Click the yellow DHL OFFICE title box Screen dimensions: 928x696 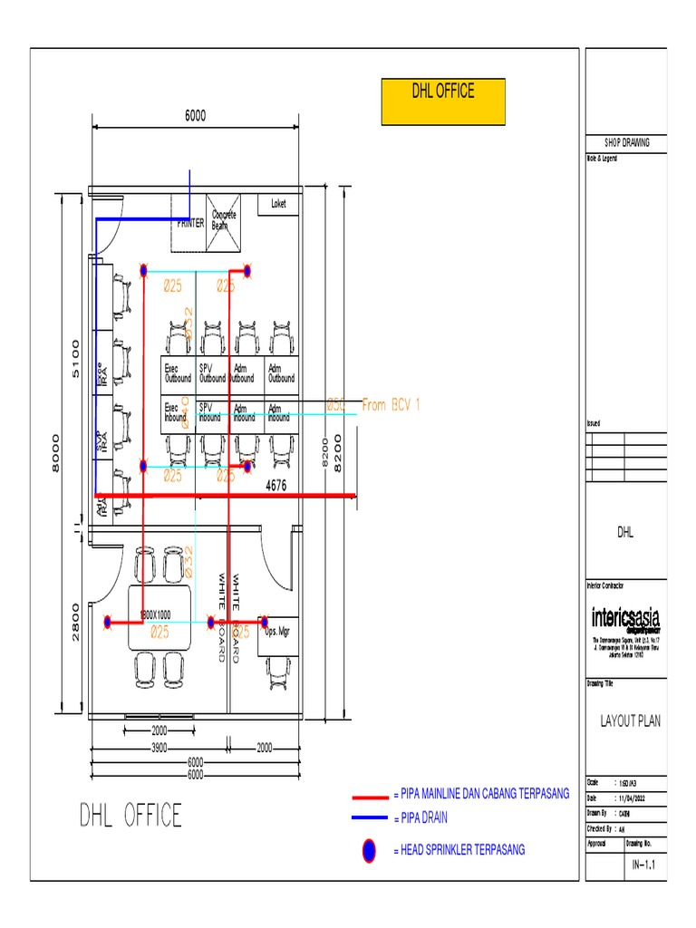[x=443, y=101]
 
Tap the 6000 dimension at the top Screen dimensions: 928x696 [x=196, y=115]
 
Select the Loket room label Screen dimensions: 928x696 [x=278, y=204]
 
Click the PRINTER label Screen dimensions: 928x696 [x=190, y=223]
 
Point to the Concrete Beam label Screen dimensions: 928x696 [x=224, y=219]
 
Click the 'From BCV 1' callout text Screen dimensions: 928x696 [x=391, y=405]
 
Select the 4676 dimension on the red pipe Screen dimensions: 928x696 [x=275, y=487]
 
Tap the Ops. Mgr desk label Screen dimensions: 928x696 [x=276, y=631]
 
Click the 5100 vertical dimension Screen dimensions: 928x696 [x=76, y=360]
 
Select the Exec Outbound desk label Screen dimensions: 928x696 [x=178, y=373]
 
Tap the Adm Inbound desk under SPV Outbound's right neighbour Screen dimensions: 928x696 [x=245, y=412]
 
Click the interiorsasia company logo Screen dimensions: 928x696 [x=626, y=620]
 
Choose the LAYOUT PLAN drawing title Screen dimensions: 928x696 [x=630, y=721]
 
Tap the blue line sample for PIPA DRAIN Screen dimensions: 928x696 [x=370, y=818]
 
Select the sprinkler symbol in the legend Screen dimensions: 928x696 [x=370, y=850]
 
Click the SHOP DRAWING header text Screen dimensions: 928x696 [x=626, y=143]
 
